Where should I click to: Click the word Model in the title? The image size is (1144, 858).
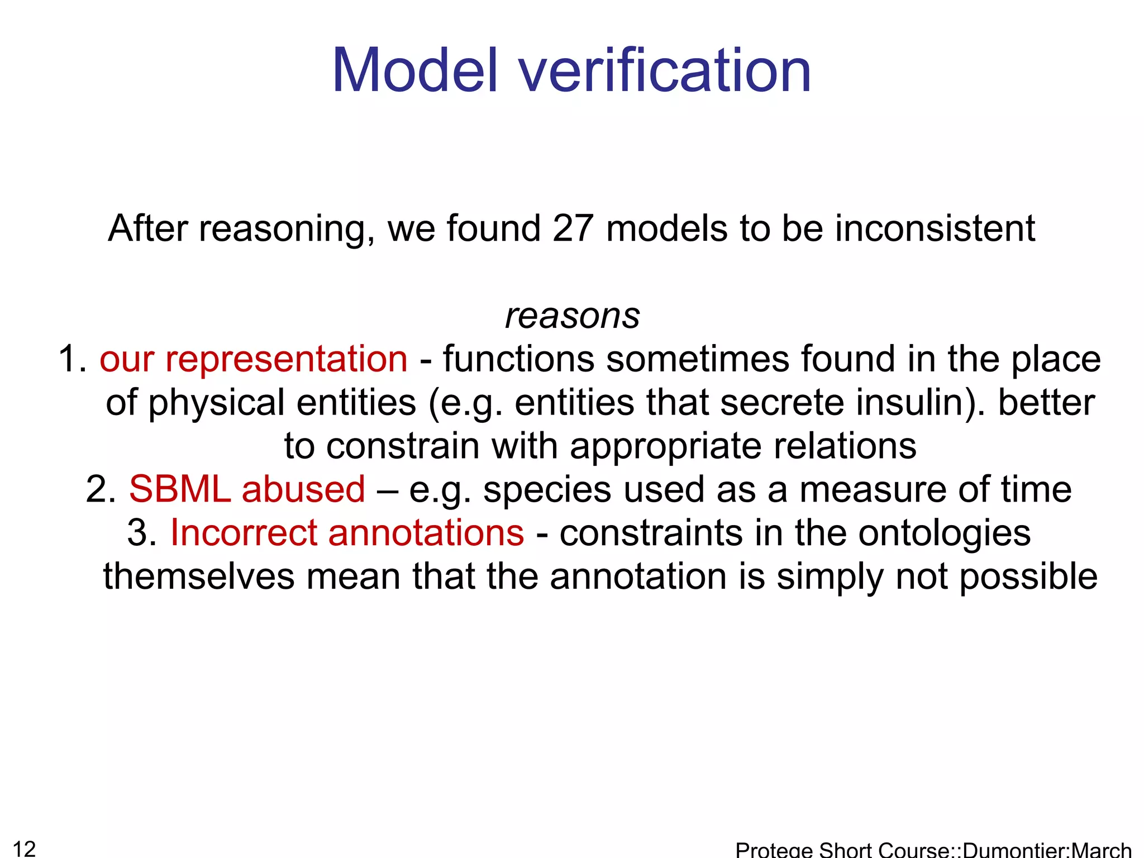point(414,71)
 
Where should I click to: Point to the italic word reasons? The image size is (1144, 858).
point(573,316)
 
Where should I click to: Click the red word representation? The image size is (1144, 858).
point(286,359)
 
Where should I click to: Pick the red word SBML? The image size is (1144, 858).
point(179,489)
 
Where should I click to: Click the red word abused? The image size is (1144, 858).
point(303,489)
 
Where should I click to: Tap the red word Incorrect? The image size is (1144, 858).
point(244,533)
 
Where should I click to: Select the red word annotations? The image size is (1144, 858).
point(426,533)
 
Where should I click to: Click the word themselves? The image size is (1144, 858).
point(198,576)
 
